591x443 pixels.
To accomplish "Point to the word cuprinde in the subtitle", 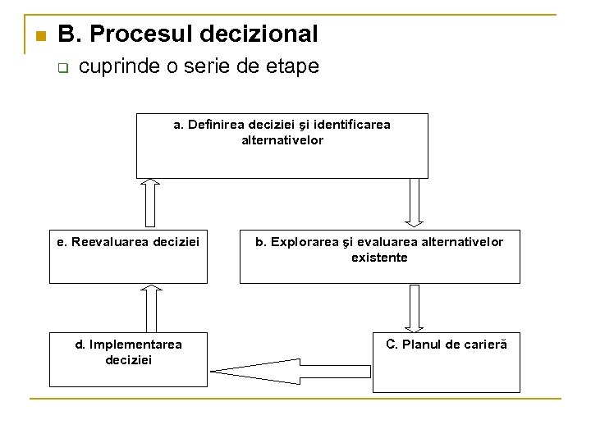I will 120,66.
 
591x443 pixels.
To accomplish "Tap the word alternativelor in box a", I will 282,140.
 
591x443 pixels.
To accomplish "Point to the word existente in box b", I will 379,258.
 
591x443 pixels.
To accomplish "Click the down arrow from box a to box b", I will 415,201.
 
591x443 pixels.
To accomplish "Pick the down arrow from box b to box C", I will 415,308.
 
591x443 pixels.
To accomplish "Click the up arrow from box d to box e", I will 150,308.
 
